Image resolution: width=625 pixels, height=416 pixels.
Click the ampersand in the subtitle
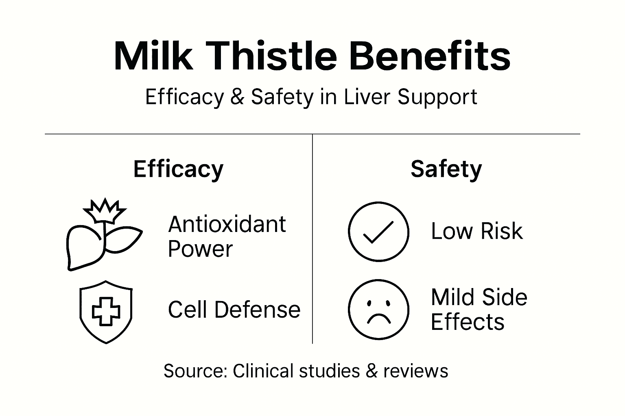point(237,97)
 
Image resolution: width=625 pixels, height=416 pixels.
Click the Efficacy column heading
point(178,169)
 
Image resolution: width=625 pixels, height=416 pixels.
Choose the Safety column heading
point(446,169)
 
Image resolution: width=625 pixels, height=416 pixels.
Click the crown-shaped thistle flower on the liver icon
point(105,210)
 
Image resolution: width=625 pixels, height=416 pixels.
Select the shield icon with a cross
point(106,312)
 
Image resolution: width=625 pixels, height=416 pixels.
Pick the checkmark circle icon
point(378,232)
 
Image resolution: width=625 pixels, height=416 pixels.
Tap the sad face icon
point(378,309)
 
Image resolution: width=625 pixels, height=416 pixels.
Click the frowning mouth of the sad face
point(378,318)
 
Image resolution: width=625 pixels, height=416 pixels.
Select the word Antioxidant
point(227,224)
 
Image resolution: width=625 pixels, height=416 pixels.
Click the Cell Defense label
point(234,310)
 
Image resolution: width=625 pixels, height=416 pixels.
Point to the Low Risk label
point(476,232)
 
